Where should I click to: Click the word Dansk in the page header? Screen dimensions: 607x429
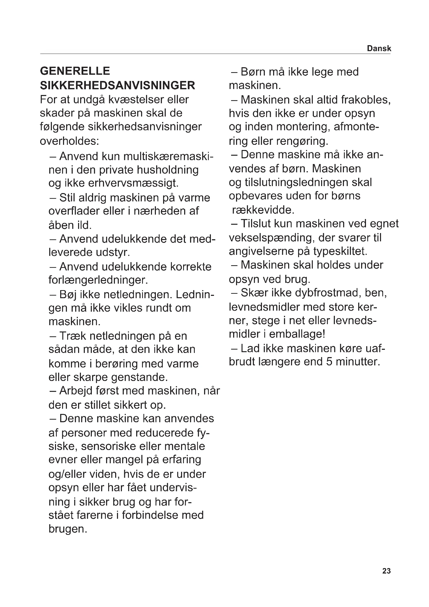[379, 48]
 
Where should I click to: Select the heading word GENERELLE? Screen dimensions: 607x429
[75, 71]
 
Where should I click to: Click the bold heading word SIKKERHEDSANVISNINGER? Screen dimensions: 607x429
[117, 85]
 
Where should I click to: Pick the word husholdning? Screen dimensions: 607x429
[168, 170]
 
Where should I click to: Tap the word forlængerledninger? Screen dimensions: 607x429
[98, 280]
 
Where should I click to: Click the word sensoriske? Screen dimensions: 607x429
[108, 446]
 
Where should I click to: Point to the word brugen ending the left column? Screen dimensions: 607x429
[68, 529]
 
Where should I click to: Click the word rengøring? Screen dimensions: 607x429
[303, 141]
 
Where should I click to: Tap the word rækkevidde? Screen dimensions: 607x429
[263, 210]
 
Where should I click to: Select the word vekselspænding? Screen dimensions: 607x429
[272, 238]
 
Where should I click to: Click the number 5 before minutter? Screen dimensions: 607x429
[329, 362]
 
